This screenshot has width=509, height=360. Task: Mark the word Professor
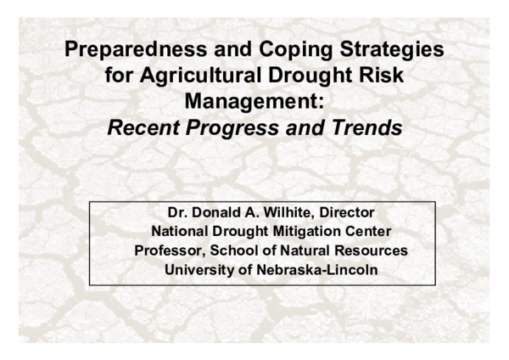click(x=171, y=250)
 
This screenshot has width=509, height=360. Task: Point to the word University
click(x=197, y=271)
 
